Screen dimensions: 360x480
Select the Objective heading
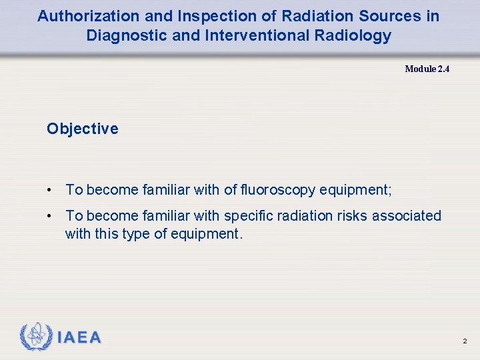tap(83, 129)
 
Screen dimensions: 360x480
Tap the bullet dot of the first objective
tap(50, 191)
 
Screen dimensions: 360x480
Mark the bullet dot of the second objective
tap(50, 216)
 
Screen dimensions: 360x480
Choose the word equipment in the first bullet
tap(354, 191)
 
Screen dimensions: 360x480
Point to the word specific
tap(249, 216)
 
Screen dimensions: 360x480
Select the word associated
tap(407, 216)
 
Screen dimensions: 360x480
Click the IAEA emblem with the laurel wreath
tap(36, 337)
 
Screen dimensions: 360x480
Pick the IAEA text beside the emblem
tap(79, 338)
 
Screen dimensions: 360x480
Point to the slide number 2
tap(465, 341)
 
